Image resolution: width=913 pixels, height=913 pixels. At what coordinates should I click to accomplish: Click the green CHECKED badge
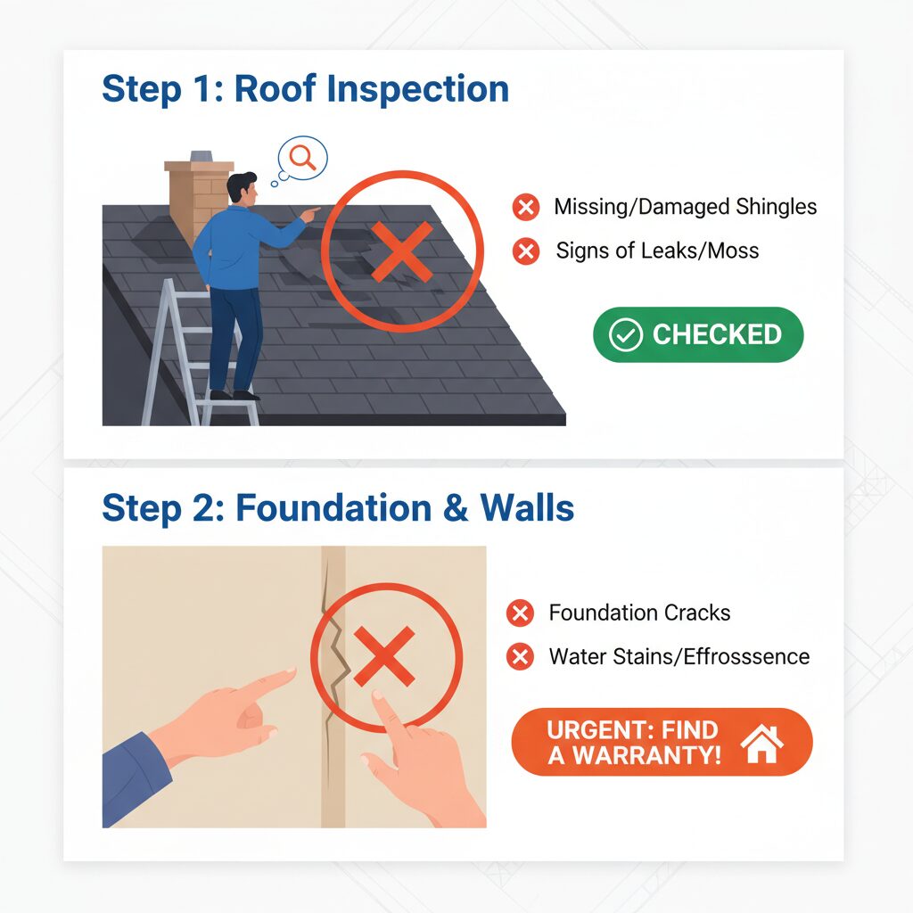pos(698,335)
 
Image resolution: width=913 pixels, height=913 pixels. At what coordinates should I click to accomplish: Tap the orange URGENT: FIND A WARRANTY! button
pos(662,742)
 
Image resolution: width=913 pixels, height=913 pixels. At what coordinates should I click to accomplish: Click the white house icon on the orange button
pos(761,744)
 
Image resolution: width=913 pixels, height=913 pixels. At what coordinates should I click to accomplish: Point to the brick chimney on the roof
pos(198,198)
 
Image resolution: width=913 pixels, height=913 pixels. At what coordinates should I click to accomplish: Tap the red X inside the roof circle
pos(402,251)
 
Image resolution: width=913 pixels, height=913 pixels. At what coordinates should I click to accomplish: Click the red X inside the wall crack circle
pos(384,656)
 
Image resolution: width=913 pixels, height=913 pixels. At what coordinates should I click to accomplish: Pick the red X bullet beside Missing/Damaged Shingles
pos(526,207)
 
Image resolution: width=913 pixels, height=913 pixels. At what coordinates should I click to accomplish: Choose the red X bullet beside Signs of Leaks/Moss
pos(526,251)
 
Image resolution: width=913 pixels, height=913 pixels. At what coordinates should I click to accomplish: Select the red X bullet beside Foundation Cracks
pos(520,613)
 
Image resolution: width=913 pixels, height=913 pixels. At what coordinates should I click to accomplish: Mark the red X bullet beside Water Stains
pos(520,657)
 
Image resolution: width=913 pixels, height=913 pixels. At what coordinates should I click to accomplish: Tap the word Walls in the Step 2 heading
pos(527,507)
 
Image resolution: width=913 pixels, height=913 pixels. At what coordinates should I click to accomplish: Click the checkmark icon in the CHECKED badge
pos(625,335)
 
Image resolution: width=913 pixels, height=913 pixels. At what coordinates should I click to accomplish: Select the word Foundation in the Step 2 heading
pos(333,507)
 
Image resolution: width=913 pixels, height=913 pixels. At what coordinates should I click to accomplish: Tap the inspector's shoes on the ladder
pos(235,395)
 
